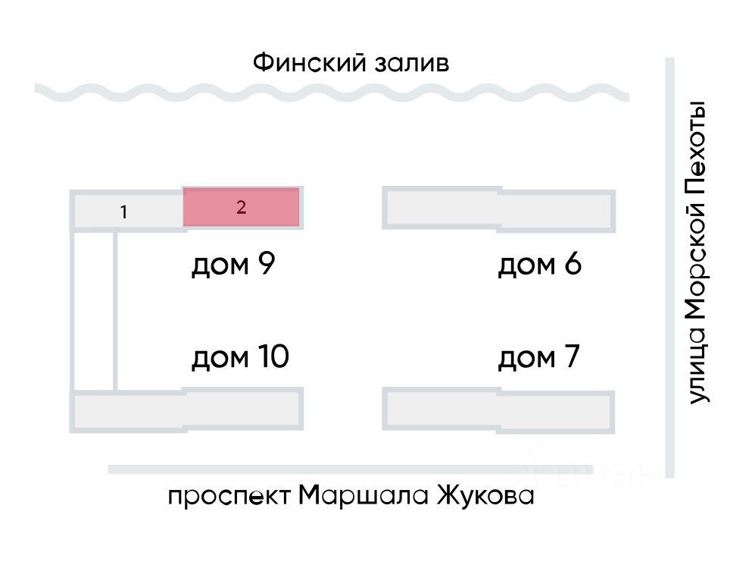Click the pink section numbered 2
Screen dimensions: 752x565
[x=242, y=206]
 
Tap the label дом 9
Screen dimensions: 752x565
[x=233, y=264]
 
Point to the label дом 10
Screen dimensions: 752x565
[x=240, y=357]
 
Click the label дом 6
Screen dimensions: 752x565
[x=539, y=264]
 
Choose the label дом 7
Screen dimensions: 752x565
[x=538, y=357]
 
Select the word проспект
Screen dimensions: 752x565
[x=229, y=496]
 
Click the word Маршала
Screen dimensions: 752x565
[x=363, y=495]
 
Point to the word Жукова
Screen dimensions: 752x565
[x=485, y=495]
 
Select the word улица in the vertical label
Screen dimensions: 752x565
[x=697, y=366]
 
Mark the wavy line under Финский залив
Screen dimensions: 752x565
[x=332, y=93]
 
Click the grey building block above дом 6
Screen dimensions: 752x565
[x=499, y=210]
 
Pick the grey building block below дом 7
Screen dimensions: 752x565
[x=499, y=411]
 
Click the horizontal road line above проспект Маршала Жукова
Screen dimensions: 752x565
[x=351, y=469]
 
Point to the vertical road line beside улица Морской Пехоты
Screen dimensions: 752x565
[x=669, y=268]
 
